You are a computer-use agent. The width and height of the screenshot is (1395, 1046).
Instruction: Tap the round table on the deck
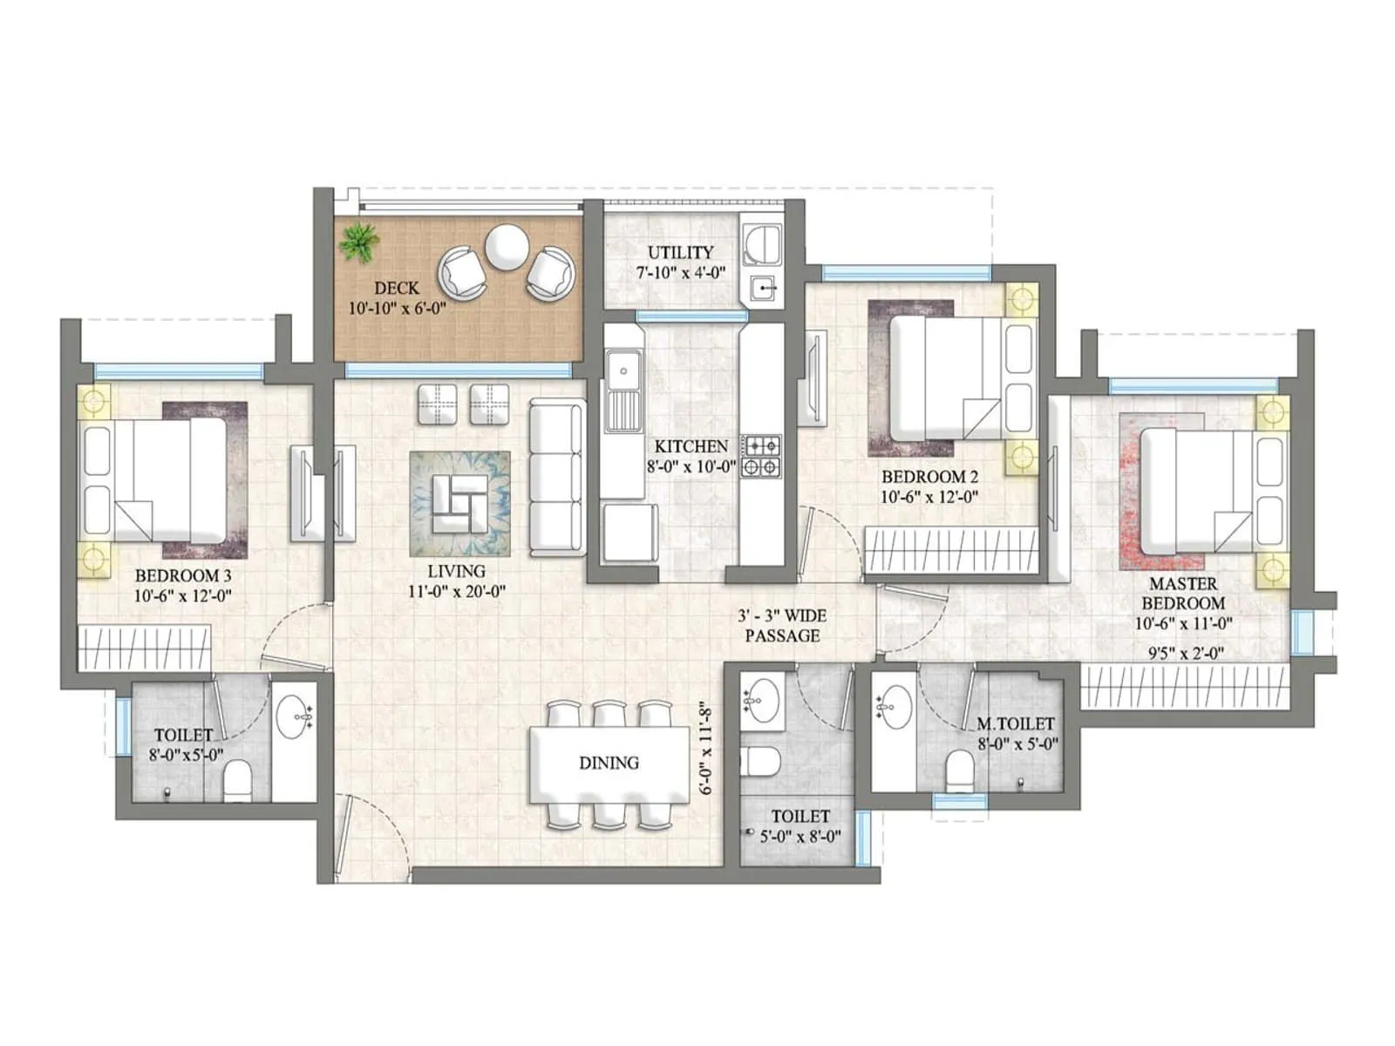click(x=507, y=247)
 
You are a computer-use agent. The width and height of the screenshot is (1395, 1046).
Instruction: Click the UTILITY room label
click(x=680, y=252)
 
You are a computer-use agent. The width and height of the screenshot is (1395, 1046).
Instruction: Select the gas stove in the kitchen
click(x=760, y=456)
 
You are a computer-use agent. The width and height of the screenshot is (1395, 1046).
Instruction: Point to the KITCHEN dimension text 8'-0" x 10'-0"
click(x=691, y=466)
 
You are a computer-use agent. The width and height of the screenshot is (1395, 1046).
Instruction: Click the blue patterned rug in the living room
click(x=459, y=503)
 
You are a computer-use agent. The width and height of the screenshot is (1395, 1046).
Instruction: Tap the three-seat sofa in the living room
click(x=556, y=477)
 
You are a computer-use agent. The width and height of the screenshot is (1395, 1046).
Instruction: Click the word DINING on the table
click(x=609, y=763)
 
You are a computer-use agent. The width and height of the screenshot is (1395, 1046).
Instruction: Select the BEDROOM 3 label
click(x=183, y=575)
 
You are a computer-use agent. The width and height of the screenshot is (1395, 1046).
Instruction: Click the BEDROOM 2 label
click(x=929, y=477)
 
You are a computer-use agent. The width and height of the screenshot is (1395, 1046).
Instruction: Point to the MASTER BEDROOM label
click(x=1183, y=594)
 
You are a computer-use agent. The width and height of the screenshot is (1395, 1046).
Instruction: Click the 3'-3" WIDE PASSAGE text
click(x=782, y=625)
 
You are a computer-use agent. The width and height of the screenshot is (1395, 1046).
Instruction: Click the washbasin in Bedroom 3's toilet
click(x=295, y=717)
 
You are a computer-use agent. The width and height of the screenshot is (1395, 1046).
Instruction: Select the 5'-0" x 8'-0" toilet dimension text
click(x=800, y=836)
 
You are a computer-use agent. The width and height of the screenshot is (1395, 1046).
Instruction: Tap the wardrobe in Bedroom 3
click(x=144, y=649)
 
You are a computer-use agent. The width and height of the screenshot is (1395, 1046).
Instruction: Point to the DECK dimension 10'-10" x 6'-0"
click(x=397, y=308)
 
